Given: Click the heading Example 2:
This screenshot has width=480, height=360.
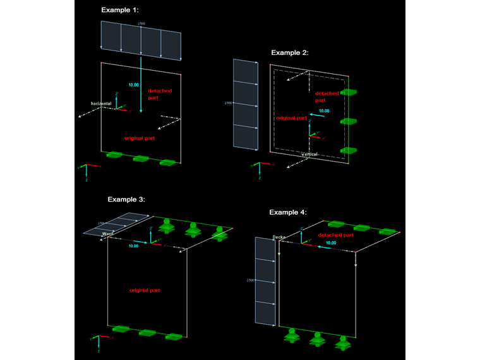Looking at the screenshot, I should pos(289,52).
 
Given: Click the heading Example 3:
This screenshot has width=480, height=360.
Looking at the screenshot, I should pos(126,199).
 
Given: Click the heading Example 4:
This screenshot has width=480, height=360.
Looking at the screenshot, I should pos(288,212).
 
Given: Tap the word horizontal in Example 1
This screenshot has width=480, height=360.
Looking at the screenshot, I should pos(102,103).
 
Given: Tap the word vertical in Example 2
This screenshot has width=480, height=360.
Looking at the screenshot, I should pos(309,154).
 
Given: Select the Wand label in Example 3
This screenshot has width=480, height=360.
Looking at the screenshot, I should pos(107,233).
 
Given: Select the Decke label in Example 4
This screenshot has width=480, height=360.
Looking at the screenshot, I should pos(280,237).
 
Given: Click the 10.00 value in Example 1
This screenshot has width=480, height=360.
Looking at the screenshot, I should pos(133,85).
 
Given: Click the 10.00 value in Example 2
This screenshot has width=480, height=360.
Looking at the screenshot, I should pos(323,111).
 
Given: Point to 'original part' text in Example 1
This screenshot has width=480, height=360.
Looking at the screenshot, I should pos(140,137).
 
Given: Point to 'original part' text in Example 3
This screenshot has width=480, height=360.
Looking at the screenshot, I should pos(145,290).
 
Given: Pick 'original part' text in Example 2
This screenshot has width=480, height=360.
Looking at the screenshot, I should pos(291,118).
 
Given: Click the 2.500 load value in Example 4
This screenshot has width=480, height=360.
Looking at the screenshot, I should pos(250,280).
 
